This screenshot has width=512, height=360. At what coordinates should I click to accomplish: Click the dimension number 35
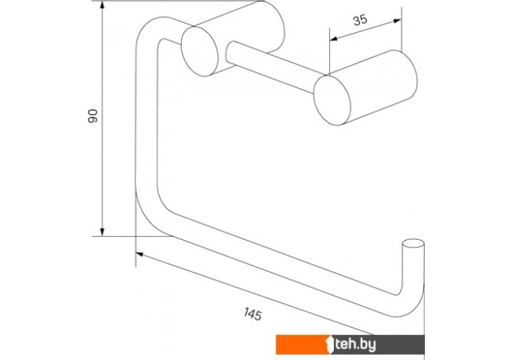(360, 20)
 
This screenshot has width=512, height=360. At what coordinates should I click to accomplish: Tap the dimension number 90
(92, 116)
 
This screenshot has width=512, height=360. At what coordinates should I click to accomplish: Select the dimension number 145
(253, 314)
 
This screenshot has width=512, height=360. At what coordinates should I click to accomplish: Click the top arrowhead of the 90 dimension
(102, 5)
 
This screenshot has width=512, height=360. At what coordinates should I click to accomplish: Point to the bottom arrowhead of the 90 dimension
(102, 232)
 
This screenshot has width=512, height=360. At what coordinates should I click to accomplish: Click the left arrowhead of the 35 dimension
(333, 39)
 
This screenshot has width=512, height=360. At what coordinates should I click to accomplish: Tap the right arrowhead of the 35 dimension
(397, 21)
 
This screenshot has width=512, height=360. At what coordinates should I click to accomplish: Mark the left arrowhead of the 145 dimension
(139, 255)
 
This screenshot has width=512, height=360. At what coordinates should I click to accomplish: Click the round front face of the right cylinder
(332, 100)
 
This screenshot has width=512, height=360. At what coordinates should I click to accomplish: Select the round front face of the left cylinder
(199, 51)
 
